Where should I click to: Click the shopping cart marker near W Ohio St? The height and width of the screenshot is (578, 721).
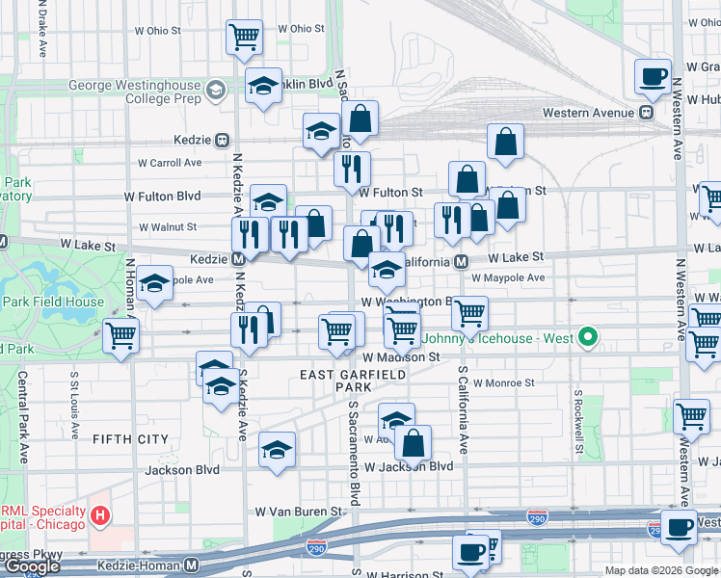[x=245, y=38]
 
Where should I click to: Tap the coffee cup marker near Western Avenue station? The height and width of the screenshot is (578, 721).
[x=653, y=75]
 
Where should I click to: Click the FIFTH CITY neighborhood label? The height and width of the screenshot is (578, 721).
[x=130, y=439]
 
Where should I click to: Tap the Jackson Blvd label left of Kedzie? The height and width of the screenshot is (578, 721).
[x=182, y=470]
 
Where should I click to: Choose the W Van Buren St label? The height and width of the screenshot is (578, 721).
[x=298, y=511]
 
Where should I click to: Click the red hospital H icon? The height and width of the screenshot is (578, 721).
[x=98, y=517]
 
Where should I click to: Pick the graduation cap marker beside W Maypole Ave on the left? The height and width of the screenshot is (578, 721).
[x=154, y=284]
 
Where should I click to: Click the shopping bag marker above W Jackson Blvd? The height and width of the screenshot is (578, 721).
[x=413, y=443]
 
